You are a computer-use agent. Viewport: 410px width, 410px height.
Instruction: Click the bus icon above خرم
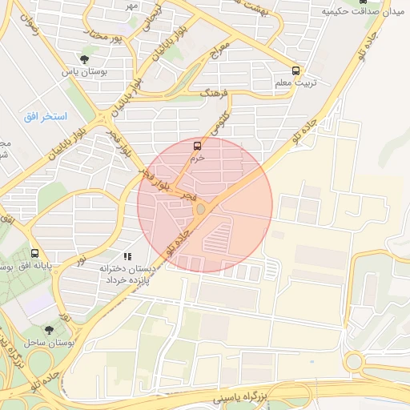pyautogui.click(x=197, y=146)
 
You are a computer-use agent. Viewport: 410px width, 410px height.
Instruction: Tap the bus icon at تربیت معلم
pyautogui.click(x=296, y=70)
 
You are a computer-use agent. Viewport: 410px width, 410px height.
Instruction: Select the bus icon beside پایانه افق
pyautogui.click(x=34, y=253)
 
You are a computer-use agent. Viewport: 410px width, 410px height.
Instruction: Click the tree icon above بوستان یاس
pyautogui.click(x=85, y=59)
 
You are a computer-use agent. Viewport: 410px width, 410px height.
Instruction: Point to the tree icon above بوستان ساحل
pyautogui.click(x=50, y=330)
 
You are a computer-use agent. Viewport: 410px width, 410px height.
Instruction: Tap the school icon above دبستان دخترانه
pyautogui.click(x=127, y=257)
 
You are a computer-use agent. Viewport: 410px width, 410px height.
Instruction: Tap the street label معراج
pyautogui.click(x=219, y=50)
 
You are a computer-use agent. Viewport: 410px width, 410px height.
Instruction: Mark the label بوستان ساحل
pyautogui.click(x=50, y=342)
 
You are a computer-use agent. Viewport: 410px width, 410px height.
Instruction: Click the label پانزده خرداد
pyautogui.click(x=129, y=279)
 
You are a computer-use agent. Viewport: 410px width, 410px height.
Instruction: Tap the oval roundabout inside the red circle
pyautogui.click(x=200, y=209)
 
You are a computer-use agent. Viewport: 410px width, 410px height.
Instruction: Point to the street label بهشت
pyautogui.click(x=264, y=6)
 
